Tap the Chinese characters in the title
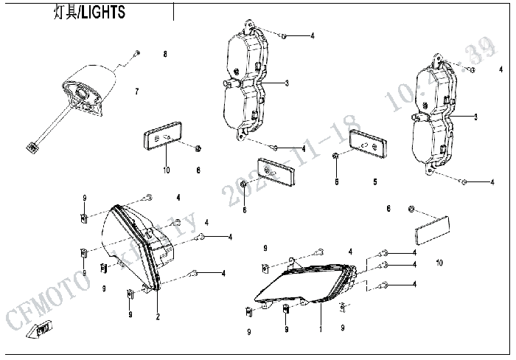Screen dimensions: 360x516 [66, 13]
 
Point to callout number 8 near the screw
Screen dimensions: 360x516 [165, 55]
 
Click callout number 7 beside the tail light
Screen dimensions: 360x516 [136, 91]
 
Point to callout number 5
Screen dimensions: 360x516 [374, 181]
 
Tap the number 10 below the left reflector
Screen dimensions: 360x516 [166, 171]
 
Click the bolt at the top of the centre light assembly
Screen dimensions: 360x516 [285, 35]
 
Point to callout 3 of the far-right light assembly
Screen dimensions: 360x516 [475, 117]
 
